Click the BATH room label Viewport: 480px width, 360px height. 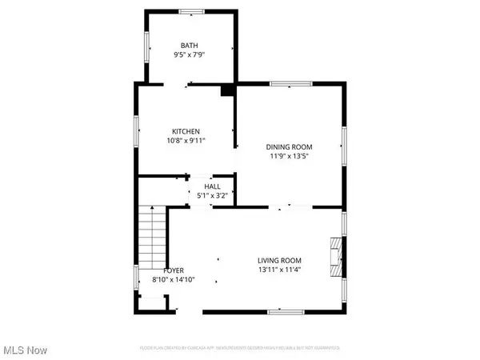pyautogui.click(x=189, y=45)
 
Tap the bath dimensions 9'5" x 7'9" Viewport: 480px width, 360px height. pyautogui.click(x=189, y=55)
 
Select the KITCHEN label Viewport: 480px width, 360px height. pyautogui.click(x=186, y=131)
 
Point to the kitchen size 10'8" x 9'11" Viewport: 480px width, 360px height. pyautogui.click(x=186, y=142)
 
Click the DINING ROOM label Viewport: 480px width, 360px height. pyautogui.click(x=289, y=146)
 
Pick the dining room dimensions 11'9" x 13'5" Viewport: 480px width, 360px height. pyautogui.click(x=289, y=157)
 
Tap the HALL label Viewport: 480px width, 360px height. pyautogui.click(x=212, y=186)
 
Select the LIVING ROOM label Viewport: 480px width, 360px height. pyautogui.click(x=279, y=260)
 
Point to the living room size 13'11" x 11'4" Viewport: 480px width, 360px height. pyautogui.click(x=279, y=270)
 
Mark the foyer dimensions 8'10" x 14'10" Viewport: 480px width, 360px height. pyautogui.click(x=174, y=280)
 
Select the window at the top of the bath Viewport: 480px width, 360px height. pyautogui.click(x=190, y=10)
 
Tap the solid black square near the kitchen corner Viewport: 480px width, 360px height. pyautogui.click(x=226, y=90)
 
